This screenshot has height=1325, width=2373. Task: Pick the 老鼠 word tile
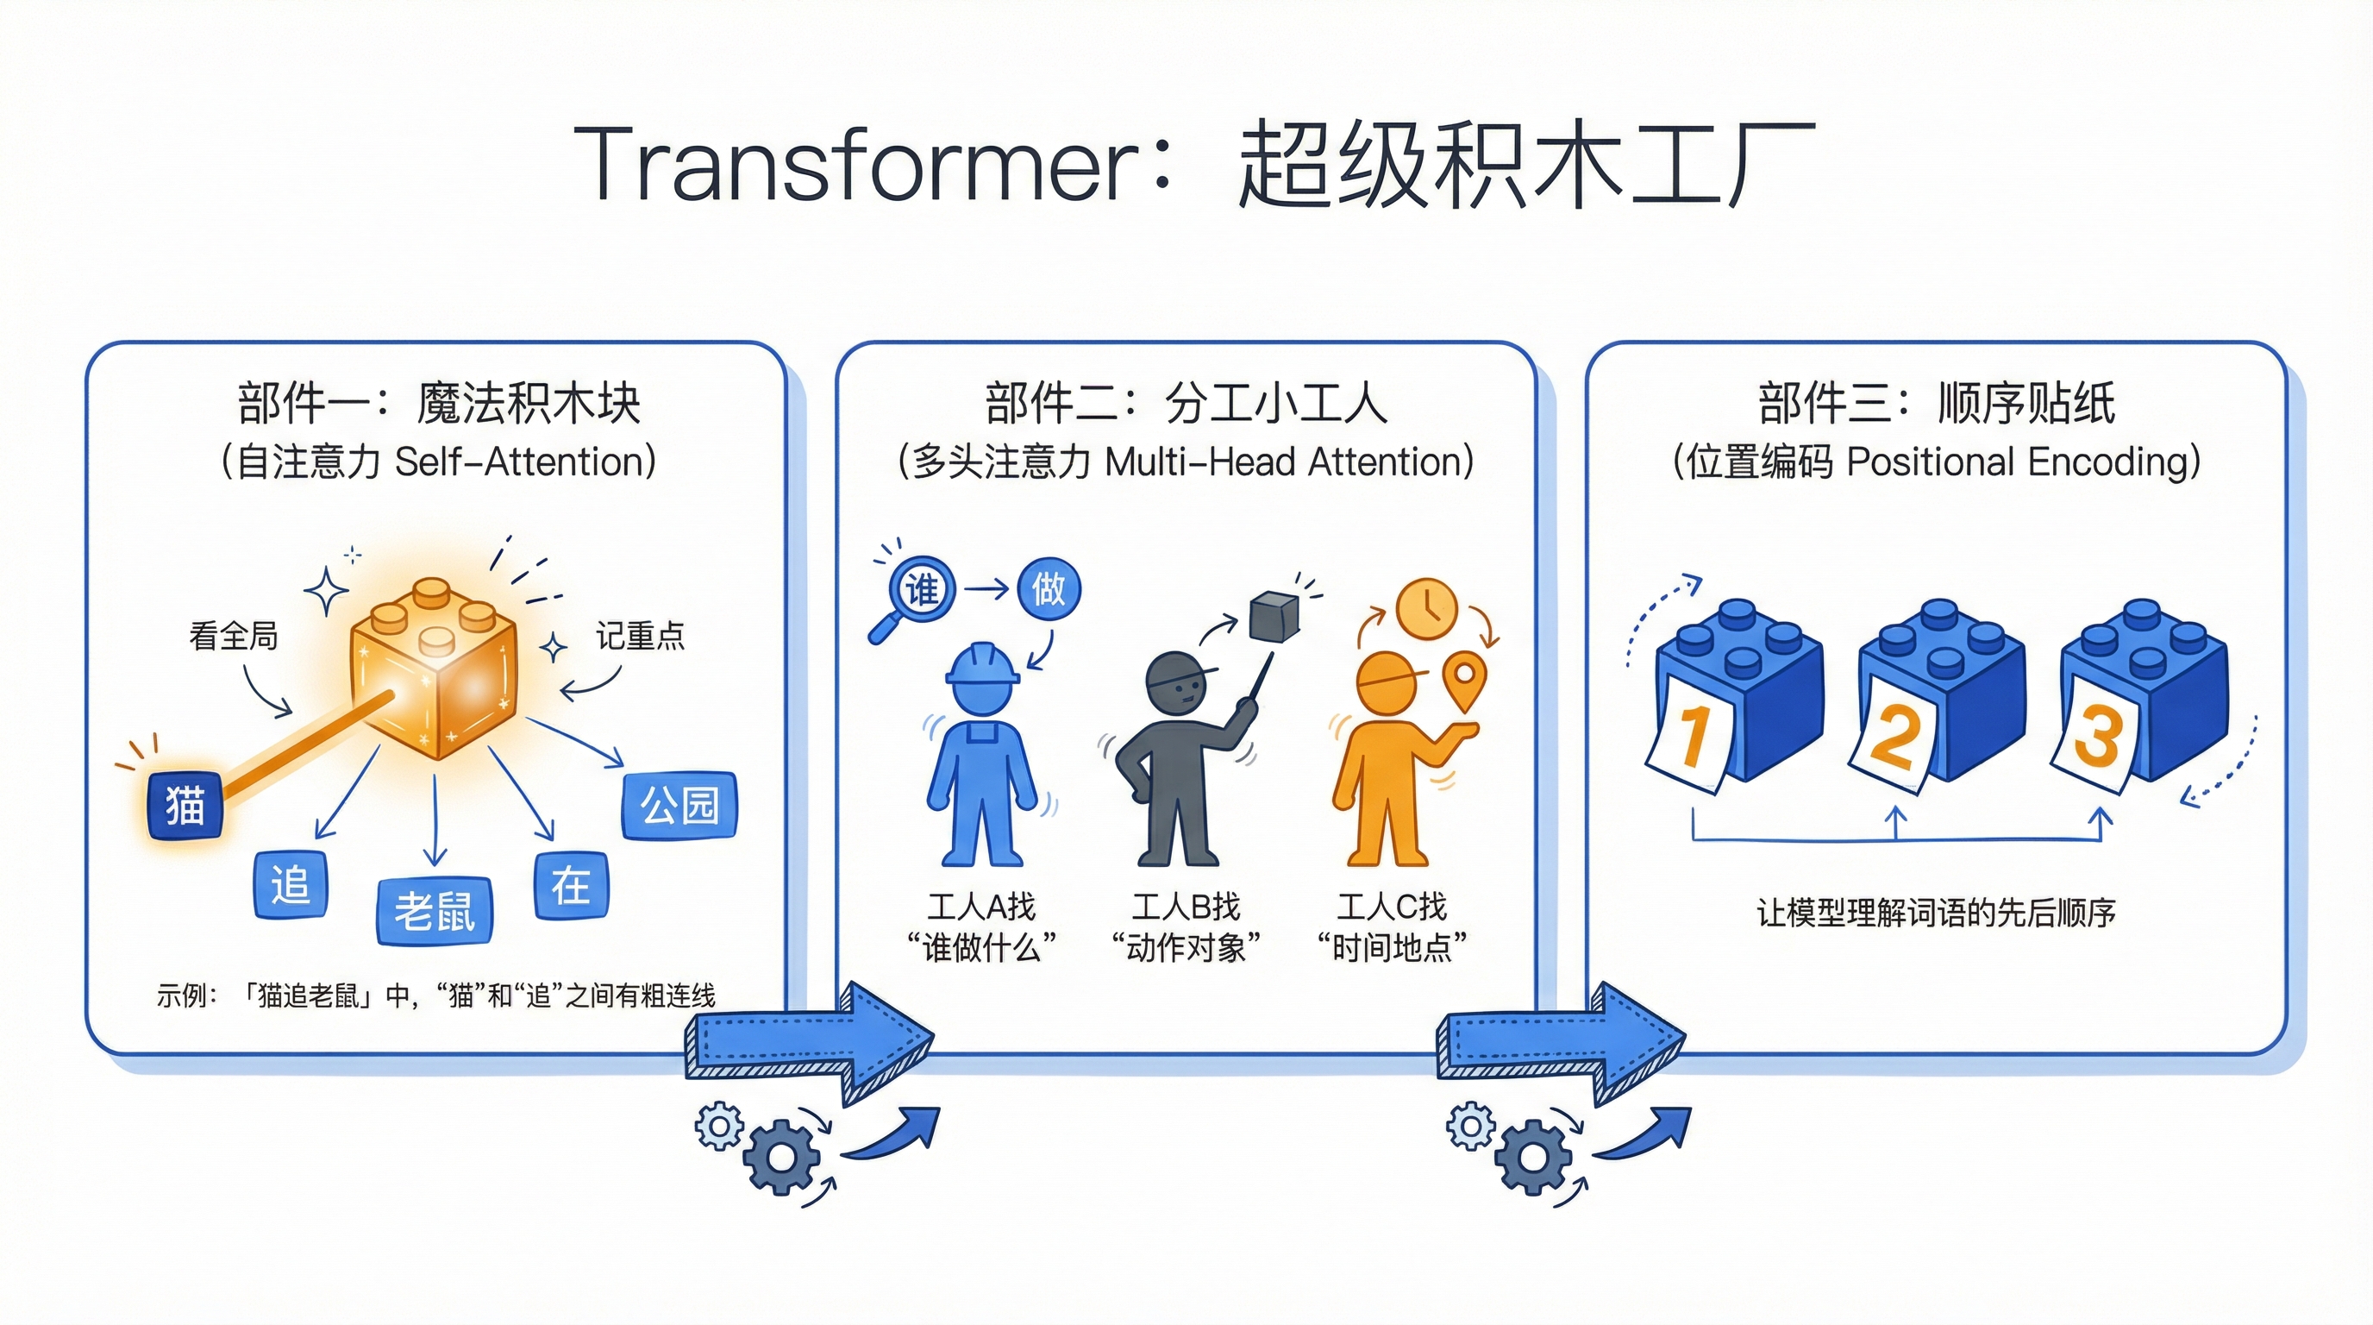[x=434, y=911]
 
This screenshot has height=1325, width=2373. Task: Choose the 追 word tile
[x=291, y=884]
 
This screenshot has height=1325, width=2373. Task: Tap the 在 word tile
[x=571, y=885]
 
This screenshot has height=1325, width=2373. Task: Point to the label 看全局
[x=233, y=636]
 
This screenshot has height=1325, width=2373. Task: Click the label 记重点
[x=640, y=636]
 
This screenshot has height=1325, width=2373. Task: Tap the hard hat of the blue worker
[x=982, y=665]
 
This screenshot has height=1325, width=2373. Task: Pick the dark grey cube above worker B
[x=1274, y=617]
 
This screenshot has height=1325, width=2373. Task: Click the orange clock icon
[x=1426, y=608]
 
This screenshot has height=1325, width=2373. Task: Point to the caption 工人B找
[x=1186, y=907]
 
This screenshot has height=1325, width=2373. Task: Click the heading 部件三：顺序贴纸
[x=1937, y=403]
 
